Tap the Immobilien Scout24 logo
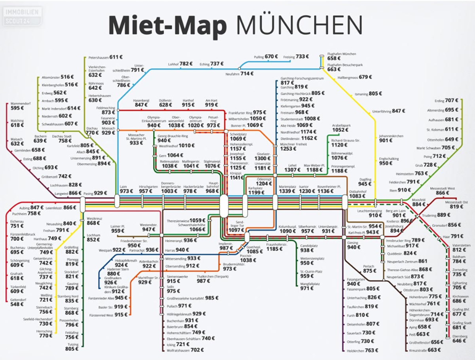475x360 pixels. click(x=22, y=17)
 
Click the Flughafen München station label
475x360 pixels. click(x=342, y=53)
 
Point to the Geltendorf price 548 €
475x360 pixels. click(x=17, y=304)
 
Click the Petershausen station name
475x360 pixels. click(x=98, y=57)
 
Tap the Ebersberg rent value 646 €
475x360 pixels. click(x=460, y=341)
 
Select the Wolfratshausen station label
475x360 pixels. click(x=178, y=350)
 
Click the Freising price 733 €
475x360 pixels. click(x=302, y=57)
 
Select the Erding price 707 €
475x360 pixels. click(x=451, y=101)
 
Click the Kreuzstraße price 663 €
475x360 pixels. click(x=434, y=350)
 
